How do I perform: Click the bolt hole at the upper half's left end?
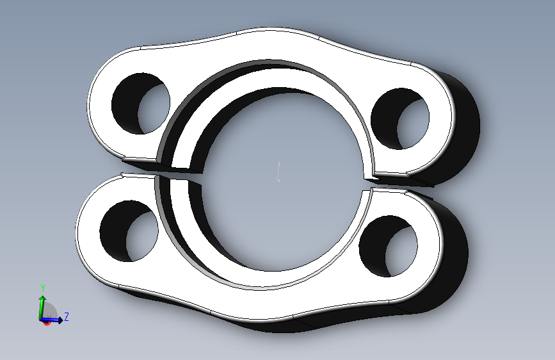click(141, 104)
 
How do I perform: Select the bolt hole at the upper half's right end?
click(400, 119)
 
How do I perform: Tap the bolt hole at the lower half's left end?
click(129, 231)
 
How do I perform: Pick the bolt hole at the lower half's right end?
click(389, 246)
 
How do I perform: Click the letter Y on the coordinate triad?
click(43, 288)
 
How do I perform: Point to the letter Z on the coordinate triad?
click(66, 316)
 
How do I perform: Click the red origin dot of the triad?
click(46, 322)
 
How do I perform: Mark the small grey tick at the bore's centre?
click(279, 172)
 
